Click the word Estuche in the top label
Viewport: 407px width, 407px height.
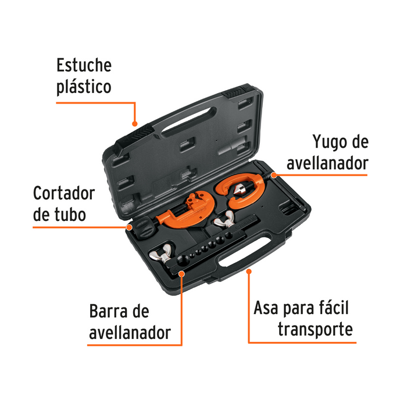click(84, 65)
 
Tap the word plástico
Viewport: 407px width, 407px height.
click(84, 88)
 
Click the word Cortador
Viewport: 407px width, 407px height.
click(63, 192)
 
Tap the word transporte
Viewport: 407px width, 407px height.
click(315, 330)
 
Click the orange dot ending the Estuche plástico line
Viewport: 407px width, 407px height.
click(135, 123)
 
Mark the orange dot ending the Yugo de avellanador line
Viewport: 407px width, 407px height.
click(271, 173)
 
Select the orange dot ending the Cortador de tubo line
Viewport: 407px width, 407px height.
click(128, 227)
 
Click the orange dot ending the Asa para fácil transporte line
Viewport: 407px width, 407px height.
click(249, 270)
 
